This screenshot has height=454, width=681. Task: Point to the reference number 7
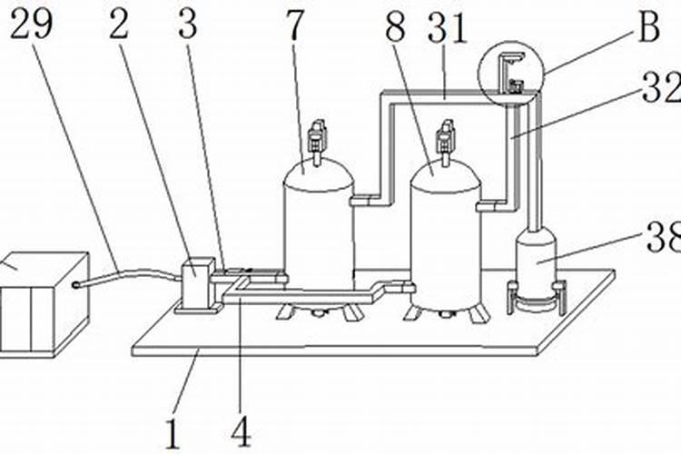pyautogui.click(x=295, y=25)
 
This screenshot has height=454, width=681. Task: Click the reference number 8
pyautogui.click(x=395, y=27)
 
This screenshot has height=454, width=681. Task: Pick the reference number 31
pyautogui.click(x=448, y=28)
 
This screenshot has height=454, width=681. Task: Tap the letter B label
pyautogui.click(x=649, y=27)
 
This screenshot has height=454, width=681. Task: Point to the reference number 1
pyautogui.click(x=173, y=434)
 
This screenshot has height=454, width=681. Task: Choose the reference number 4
pyautogui.click(x=241, y=431)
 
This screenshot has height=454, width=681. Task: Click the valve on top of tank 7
pyautogui.click(x=317, y=136)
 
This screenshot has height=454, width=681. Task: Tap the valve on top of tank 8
pyautogui.click(x=446, y=136)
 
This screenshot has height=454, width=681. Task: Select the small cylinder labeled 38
pyautogui.click(x=536, y=261)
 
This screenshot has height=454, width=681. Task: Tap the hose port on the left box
pyautogui.click(x=76, y=285)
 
